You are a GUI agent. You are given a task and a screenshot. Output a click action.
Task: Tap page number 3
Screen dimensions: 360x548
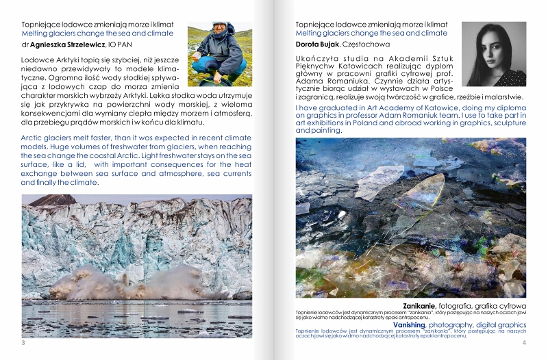[x=24, y=342]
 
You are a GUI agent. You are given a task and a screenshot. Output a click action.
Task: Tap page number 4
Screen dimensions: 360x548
[x=523, y=342]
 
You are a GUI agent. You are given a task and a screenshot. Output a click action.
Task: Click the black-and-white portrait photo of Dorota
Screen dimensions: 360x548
[x=493, y=54]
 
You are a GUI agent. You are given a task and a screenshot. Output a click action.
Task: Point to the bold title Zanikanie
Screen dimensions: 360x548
[x=420, y=305]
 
